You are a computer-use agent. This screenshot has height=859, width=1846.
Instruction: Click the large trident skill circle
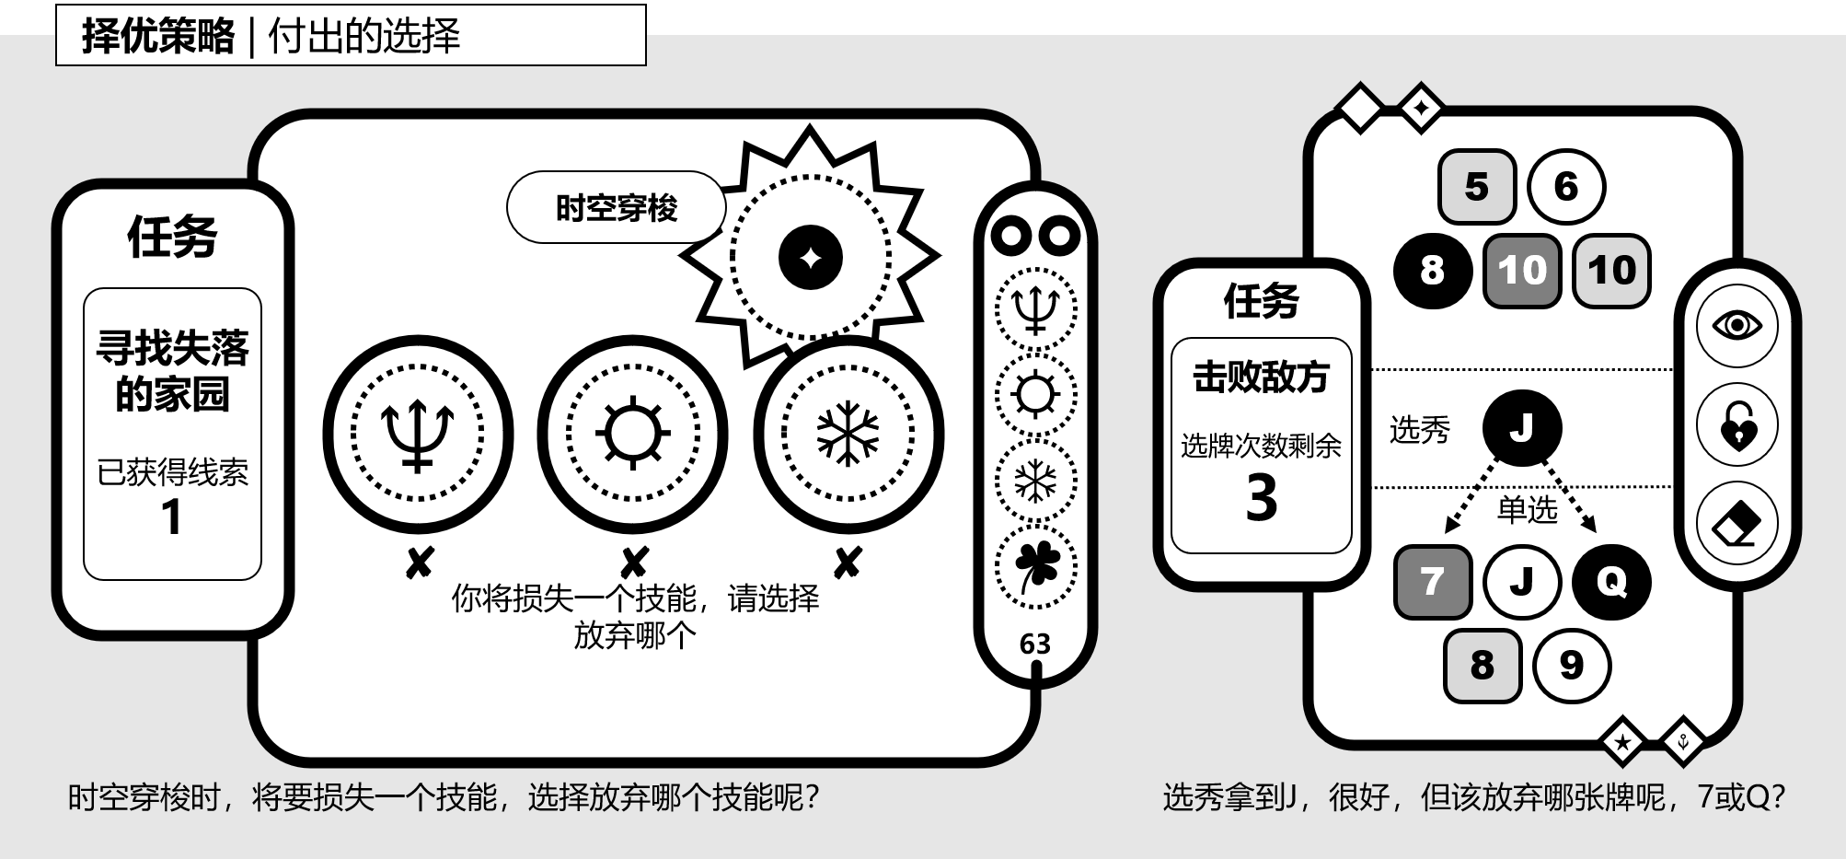point(418,434)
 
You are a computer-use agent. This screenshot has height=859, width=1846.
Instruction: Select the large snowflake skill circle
point(848,434)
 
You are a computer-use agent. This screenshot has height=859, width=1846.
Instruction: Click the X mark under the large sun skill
point(634,563)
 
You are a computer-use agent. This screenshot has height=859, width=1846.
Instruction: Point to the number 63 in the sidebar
point(1035,644)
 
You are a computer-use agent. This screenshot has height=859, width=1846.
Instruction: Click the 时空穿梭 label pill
point(616,208)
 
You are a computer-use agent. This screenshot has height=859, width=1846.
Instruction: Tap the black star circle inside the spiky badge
point(811,258)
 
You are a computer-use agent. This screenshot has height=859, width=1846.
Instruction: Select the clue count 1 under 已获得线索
point(171,517)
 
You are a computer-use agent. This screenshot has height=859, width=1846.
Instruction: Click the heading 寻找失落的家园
point(173,371)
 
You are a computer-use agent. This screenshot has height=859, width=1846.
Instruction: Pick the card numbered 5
point(1476,187)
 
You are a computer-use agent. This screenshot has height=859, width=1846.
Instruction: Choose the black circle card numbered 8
point(1432,270)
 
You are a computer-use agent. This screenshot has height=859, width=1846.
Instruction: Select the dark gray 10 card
point(1522,271)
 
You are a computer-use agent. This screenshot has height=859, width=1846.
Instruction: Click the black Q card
point(1611,582)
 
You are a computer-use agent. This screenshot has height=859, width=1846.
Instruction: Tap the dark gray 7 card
point(1432,582)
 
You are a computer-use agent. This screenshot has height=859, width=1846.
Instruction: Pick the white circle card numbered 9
point(1572,665)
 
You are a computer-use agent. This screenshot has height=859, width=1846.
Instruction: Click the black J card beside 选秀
point(1522,428)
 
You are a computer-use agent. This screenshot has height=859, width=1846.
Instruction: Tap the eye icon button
point(1736,326)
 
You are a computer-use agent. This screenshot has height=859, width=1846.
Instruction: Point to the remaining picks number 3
point(1262,498)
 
